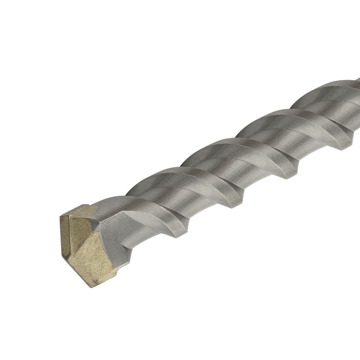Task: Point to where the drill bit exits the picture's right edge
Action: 357,108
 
